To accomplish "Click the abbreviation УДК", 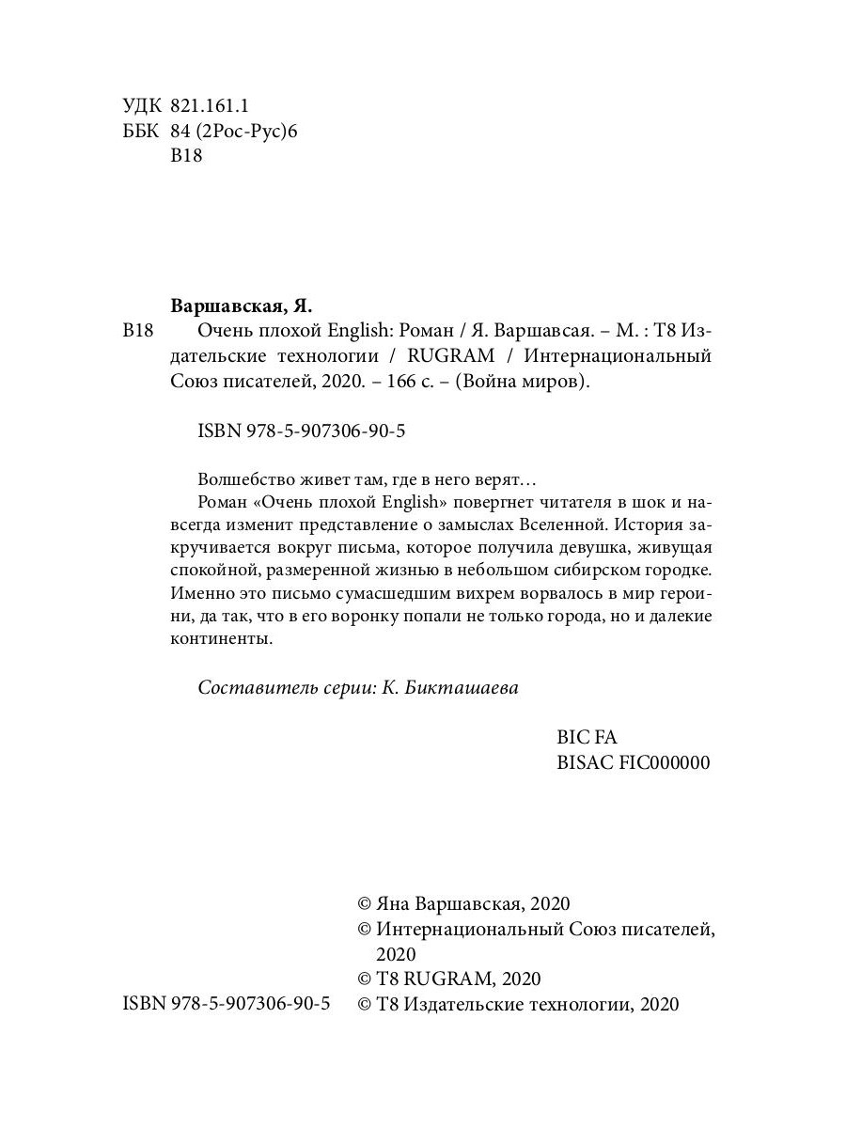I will click(x=143, y=105).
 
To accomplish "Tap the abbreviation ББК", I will click(x=143, y=131).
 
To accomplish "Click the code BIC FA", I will click(x=587, y=738).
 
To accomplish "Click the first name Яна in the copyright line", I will click(x=393, y=903).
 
